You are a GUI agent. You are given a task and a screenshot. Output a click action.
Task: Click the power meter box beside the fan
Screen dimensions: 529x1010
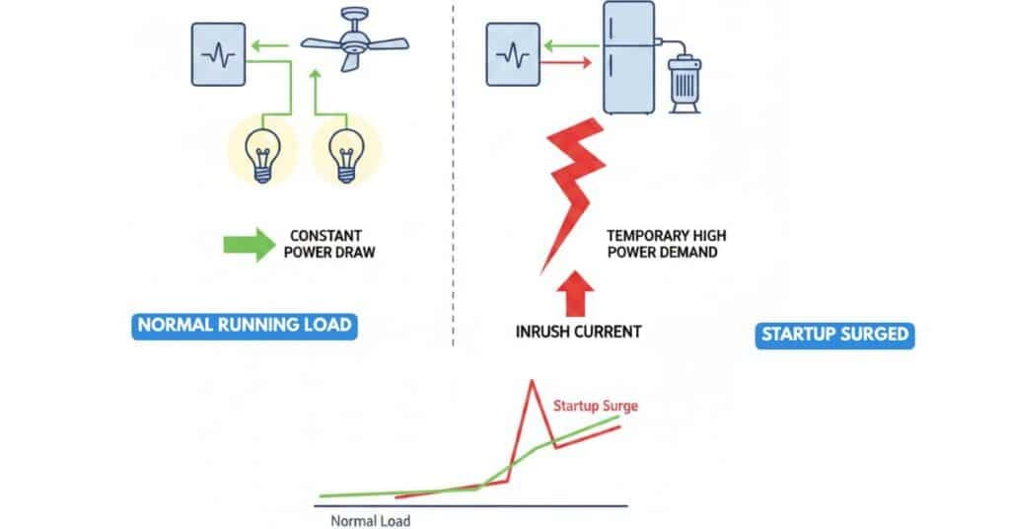coord(219,54)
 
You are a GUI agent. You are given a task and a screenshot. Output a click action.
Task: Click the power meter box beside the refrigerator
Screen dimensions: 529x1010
coord(513,55)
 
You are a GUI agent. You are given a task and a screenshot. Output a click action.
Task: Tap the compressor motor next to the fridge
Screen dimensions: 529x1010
coord(686,79)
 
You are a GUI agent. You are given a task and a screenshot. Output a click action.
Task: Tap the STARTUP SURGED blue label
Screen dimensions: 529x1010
coord(835,335)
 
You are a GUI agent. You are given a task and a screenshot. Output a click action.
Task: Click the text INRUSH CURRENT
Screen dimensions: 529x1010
coord(578,332)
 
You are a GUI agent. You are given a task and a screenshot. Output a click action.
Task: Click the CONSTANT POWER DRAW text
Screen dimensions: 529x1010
coord(328,244)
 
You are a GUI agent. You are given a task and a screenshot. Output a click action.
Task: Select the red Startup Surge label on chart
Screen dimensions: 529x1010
coord(595,406)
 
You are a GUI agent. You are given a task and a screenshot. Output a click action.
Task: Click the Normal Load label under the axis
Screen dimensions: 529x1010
coord(370,520)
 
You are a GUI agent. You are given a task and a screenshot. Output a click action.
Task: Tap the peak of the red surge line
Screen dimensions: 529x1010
coord(533,380)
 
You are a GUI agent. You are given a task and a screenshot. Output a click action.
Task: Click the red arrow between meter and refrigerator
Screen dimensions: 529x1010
coord(567,64)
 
